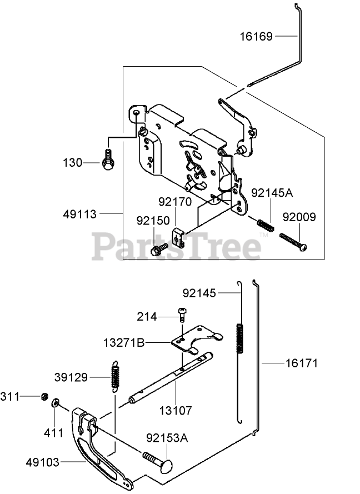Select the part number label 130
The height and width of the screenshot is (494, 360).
(73, 163)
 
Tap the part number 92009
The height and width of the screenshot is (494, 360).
(299, 217)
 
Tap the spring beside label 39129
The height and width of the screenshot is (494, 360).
(115, 376)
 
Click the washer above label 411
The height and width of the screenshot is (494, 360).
(56, 403)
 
